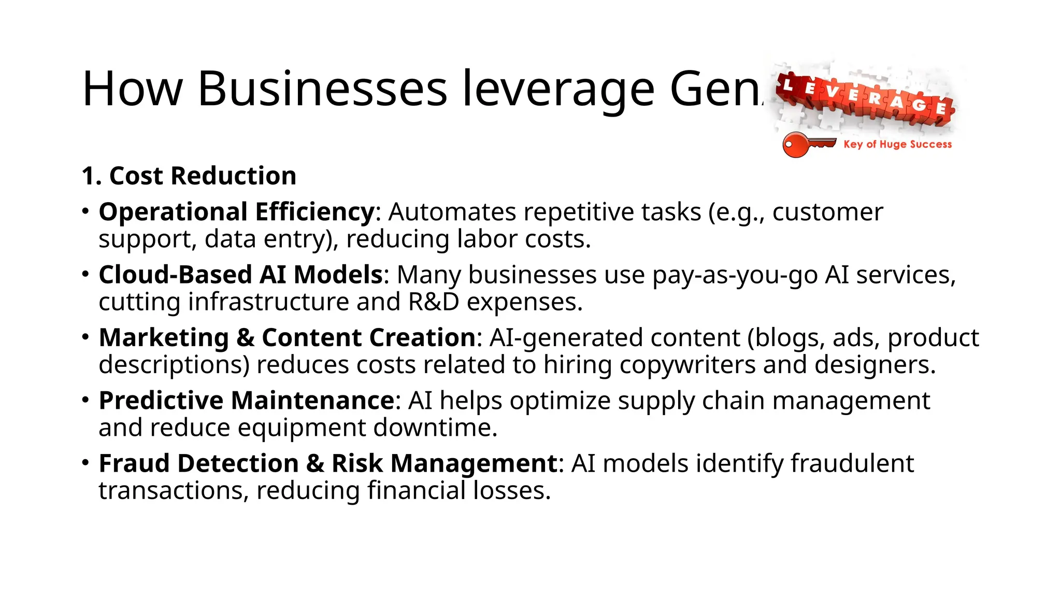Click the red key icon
(x=808, y=144)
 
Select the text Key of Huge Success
(x=897, y=144)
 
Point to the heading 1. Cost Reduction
(x=189, y=176)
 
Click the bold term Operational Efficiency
(x=237, y=212)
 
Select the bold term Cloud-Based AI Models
(x=240, y=275)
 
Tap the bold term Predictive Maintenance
(x=247, y=401)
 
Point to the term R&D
(x=434, y=302)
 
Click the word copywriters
(x=687, y=365)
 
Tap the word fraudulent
(x=852, y=463)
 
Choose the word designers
(x=874, y=365)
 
